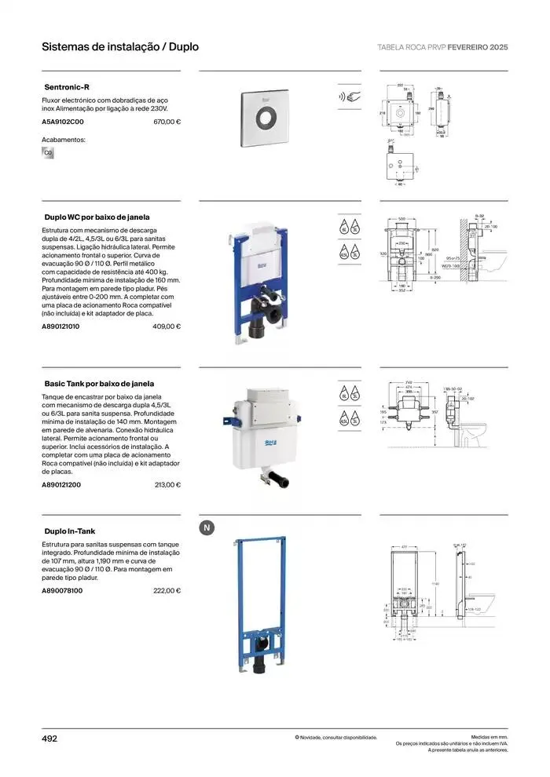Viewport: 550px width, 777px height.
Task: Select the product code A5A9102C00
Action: click(62, 122)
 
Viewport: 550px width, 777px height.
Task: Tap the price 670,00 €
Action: click(167, 122)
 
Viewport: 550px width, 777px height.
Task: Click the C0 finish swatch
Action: click(48, 152)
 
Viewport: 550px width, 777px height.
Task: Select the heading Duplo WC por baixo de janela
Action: click(97, 216)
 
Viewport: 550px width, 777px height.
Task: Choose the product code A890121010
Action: click(60, 326)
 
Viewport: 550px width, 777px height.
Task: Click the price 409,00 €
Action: click(167, 326)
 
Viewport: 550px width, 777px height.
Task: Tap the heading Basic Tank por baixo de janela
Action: click(99, 384)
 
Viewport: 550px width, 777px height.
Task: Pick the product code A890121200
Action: click(61, 485)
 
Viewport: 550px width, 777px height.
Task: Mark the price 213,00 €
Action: click(167, 485)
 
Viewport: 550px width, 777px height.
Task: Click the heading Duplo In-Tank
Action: click(70, 531)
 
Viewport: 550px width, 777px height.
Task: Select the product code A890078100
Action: click(61, 590)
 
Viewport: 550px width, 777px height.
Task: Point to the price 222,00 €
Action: click(167, 590)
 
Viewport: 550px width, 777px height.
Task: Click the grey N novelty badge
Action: click(207, 528)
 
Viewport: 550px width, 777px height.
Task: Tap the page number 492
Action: click(49, 738)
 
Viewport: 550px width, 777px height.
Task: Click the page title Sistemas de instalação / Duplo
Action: click(120, 47)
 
